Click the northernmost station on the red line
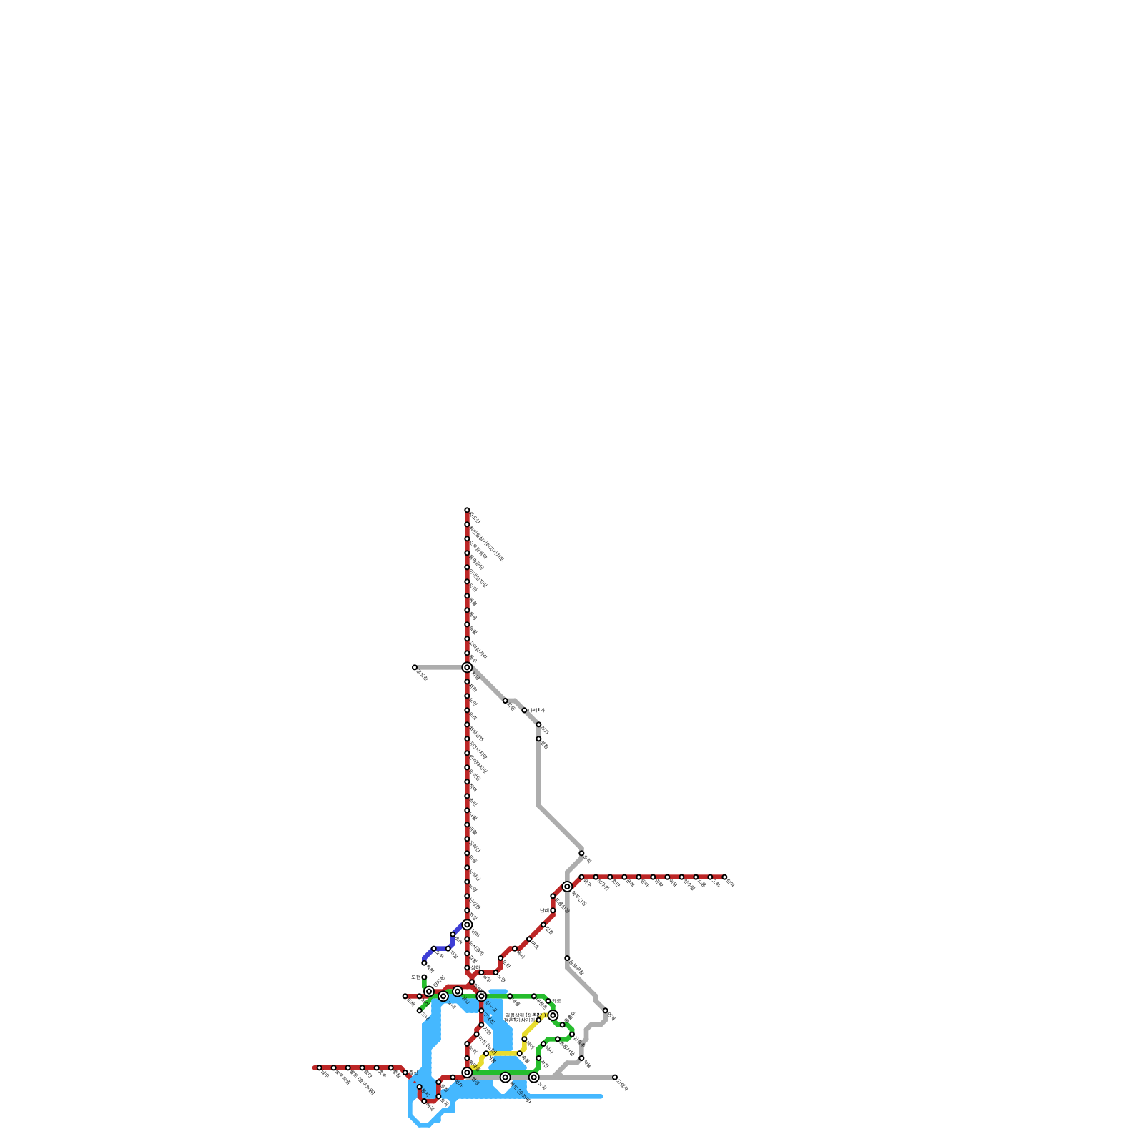click(x=467, y=511)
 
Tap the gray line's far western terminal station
click(x=415, y=667)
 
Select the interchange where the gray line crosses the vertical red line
click(x=467, y=667)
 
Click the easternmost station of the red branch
click(x=724, y=877)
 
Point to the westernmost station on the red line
click(x=319, y=1067)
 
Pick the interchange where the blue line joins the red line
click(x=467, y=924)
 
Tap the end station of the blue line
click(x=424, y=962)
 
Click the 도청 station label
click(x=415, y=977)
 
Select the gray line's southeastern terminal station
click(x=615, y=1077)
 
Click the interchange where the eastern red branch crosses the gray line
click(x=567, y=887)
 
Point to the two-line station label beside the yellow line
click(x=519, y=1017)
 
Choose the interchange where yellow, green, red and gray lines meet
click(x=467, y=1072)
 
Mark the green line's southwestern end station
click(x=420, y=1010)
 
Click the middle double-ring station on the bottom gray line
click(x=505, y=1077)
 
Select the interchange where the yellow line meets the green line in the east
click(x=553, y=1015)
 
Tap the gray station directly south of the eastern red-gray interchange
click(x=567, y=958)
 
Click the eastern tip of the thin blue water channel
click(x=601, y=1096)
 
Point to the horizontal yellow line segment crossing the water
click(x=504, y=1053)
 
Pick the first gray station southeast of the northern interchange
click(x=505, y=701)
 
